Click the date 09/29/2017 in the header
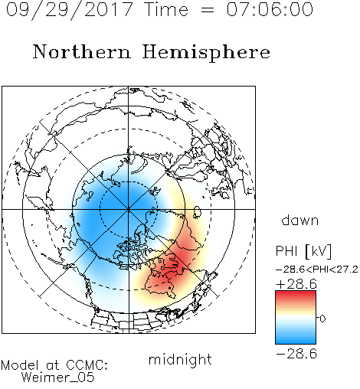[x=69, y=10]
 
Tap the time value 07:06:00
[x=270, y=9]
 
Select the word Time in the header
[x=166, y=9]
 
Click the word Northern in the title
[x=82, y=51]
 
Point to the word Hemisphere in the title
[x=206, y=53]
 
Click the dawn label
[x=300, y=220]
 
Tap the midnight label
[x=180, y=359]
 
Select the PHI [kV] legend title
[x=303, y=251]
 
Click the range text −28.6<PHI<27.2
[x=316, y=270]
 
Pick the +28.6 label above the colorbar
[x=296, y=284]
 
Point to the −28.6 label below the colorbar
[x=296, y=354]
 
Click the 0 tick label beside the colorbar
[x=322, y=319]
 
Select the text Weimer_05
[x=58, y=378]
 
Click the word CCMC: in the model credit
[x=87, y=365]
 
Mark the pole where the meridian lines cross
[x=129, y=209]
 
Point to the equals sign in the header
[x=208, y=10]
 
